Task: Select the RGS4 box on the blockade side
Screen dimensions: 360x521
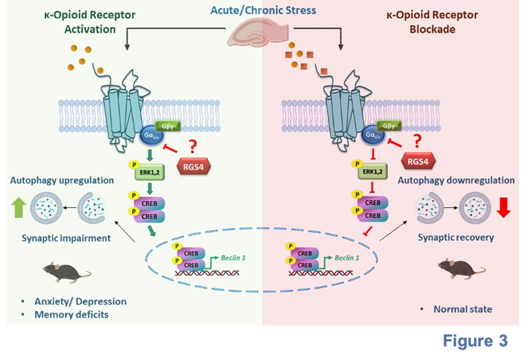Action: click(x=417, y=162)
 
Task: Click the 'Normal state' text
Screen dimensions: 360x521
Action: click(x=463, y=309)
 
